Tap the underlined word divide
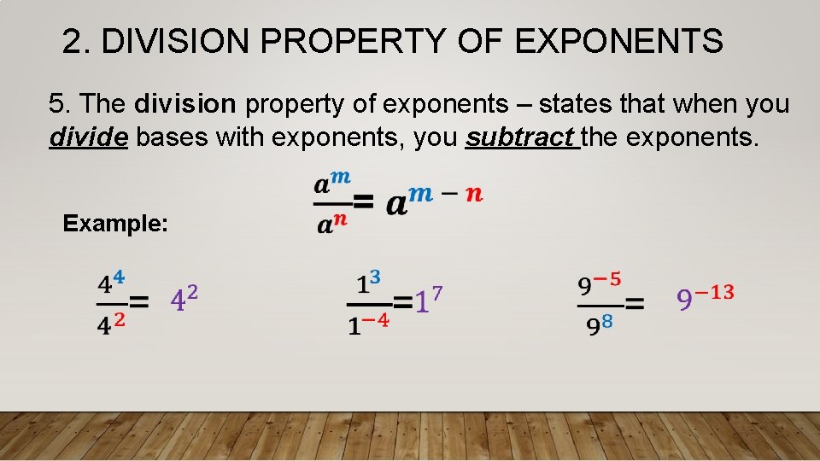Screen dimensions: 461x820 pyautogui.click(x=89, y=137)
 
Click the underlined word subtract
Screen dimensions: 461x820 pyautogui.click(x=522, y=137)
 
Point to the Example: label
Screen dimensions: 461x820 pyautogui.click(x=115, y=224)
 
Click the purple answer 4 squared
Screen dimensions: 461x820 pyautogui.click(x=184, y=299)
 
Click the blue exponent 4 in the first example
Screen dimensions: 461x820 pyautogui.click(x=119, y=277)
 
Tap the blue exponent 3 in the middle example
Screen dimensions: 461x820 pyautogui.click(x=374, y=277)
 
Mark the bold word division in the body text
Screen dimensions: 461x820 pyautogui.click(x=184, y=105)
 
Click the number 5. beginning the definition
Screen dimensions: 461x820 pyautogui.click(x=59, y=105)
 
